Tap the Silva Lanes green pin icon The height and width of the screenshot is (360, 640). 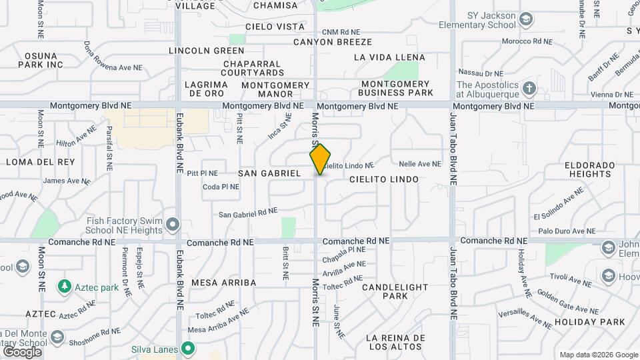tap(189, 349)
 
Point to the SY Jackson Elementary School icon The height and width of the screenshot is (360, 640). tap(525, 19)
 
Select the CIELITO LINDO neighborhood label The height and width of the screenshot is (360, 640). tap(384, 179)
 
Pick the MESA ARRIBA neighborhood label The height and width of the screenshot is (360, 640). tap(224, 283)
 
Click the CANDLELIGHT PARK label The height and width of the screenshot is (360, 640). tap(395, 291)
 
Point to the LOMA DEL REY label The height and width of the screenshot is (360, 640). tap(33, 162)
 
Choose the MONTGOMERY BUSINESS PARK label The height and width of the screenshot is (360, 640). tap(397, 88)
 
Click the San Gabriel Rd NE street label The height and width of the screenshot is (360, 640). tap(248, 213)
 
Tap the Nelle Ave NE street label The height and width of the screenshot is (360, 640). tap(420, 163)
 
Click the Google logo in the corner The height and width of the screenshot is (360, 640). tap(22, 352)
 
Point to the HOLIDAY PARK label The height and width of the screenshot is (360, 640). tap(589, 322)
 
